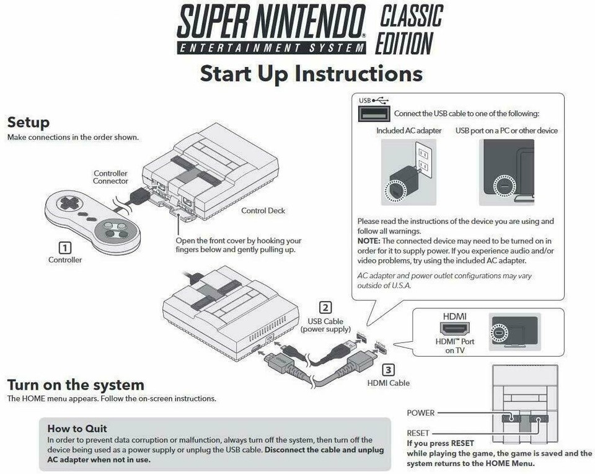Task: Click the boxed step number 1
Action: pos(64,247)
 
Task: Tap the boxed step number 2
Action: pos(325,307)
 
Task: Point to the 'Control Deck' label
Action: pos(263,211)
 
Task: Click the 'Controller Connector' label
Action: pos(111,177)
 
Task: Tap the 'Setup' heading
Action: pos(28,122)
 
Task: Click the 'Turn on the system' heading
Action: pos(75,385)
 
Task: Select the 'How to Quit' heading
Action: pos(77,428)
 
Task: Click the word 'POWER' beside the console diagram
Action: pos(421,413)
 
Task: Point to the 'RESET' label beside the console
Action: pos(418,433)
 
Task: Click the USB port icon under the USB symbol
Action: pos(374,114)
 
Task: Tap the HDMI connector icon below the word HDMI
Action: pos(455,329)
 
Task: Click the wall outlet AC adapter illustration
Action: pos(404,172)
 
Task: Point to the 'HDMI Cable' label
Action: pos(389,383)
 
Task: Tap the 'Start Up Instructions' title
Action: pos(311,73)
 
